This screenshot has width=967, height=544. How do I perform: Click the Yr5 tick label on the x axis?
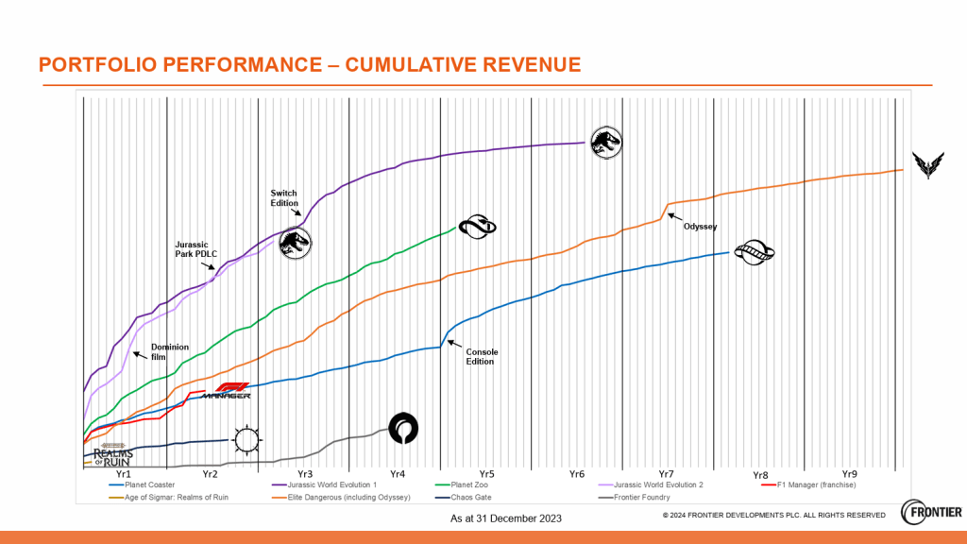[x=485, y=473]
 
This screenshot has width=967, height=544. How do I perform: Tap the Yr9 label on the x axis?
[x=850, y=473]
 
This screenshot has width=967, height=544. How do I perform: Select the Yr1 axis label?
[x=122, y=473]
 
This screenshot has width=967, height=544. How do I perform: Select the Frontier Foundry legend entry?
[x=642, y=497]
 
